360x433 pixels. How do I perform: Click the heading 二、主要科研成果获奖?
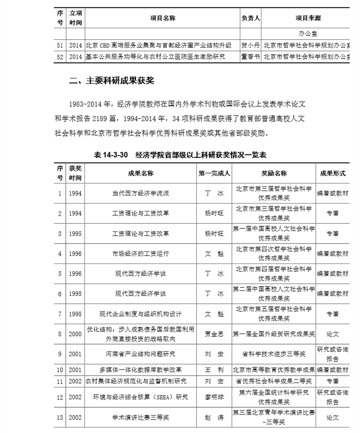(112, 81)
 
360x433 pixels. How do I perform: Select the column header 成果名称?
(141, 173)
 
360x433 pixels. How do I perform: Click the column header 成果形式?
(333, 173)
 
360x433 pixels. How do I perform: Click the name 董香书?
(251, 57)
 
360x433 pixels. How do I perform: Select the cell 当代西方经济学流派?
(141, 193)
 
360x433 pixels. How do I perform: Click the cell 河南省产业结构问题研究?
(141, 354)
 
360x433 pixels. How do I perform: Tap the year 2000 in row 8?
(75, 334)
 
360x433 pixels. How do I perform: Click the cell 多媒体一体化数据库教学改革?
(141, 370)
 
